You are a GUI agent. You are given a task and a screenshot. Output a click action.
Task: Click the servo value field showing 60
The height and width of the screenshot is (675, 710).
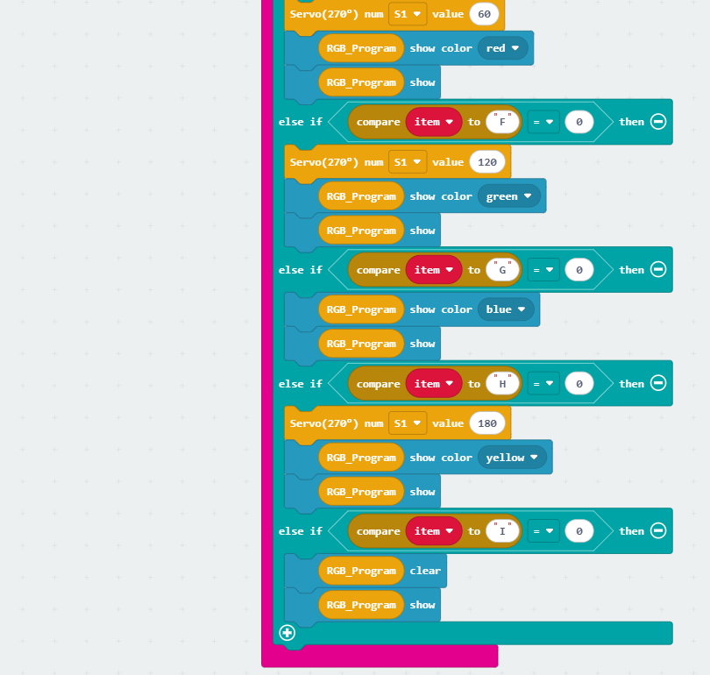[x=484, y=14]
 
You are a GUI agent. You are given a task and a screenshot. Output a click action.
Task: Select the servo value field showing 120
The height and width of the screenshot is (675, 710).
[x=487, y=162]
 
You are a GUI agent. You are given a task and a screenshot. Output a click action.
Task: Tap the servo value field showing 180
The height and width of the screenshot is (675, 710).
[x=487, y=423]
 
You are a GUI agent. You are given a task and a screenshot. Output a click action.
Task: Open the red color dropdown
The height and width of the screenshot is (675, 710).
[x=502, y=48]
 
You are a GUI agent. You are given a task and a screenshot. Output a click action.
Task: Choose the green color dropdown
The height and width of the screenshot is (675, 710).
[x=508, y=196]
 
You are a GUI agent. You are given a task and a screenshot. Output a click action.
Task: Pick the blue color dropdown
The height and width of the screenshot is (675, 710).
[x=506, y=309]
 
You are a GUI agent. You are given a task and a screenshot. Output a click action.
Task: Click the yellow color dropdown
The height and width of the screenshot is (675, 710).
[x=512, y=458]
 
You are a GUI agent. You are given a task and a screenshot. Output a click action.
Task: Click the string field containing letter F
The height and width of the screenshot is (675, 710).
[x=502, y=122]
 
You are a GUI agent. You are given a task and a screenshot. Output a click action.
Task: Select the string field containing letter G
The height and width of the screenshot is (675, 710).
[x=502, y=270]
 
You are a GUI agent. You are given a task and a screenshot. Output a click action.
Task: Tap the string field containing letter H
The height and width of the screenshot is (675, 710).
[x=502, y=384]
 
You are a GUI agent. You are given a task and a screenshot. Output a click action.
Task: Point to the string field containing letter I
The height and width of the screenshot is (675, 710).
[x=502, y=531]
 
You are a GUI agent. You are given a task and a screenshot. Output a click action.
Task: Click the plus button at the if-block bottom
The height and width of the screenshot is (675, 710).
[x=288, y=632]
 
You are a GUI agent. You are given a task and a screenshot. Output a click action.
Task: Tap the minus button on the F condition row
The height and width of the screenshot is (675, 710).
[x=658, y=121]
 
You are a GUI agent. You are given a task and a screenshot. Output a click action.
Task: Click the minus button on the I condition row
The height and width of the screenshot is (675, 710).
[x=658, y=530]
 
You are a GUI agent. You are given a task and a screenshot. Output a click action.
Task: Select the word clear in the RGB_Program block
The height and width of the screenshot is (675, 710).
[x=425, y=571]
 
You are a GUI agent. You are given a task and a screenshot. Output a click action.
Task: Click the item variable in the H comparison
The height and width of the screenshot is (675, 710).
[x=433, y=384]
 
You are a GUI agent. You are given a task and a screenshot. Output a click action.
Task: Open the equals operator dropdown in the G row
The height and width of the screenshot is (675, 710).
[x=543, y=270]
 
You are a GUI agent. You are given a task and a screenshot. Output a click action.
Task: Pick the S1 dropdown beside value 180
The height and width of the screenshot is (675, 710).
[x=407, y=423]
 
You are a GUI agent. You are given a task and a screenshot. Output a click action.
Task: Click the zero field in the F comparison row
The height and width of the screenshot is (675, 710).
[x=579, y=122]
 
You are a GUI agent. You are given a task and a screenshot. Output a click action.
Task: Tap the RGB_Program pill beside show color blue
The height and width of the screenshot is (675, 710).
[x=361, y=309]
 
